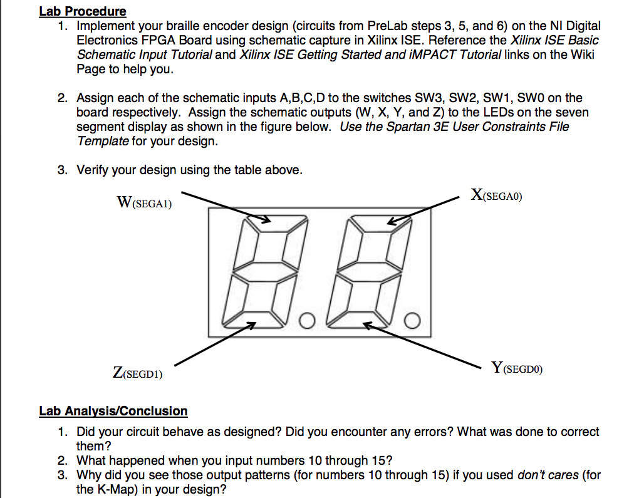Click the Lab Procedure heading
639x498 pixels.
[x=82, y=11]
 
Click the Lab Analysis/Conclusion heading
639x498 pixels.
[x=113, y=411]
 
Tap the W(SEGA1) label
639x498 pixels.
[x=144, y=202]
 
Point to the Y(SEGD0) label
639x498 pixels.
[x=517, y=368]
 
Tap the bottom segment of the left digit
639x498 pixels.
[x=256, y=323]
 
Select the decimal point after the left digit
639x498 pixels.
[x=306, y=322]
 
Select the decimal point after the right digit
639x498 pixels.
[x=411, y=322]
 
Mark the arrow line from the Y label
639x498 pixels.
[x=426, y=344]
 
